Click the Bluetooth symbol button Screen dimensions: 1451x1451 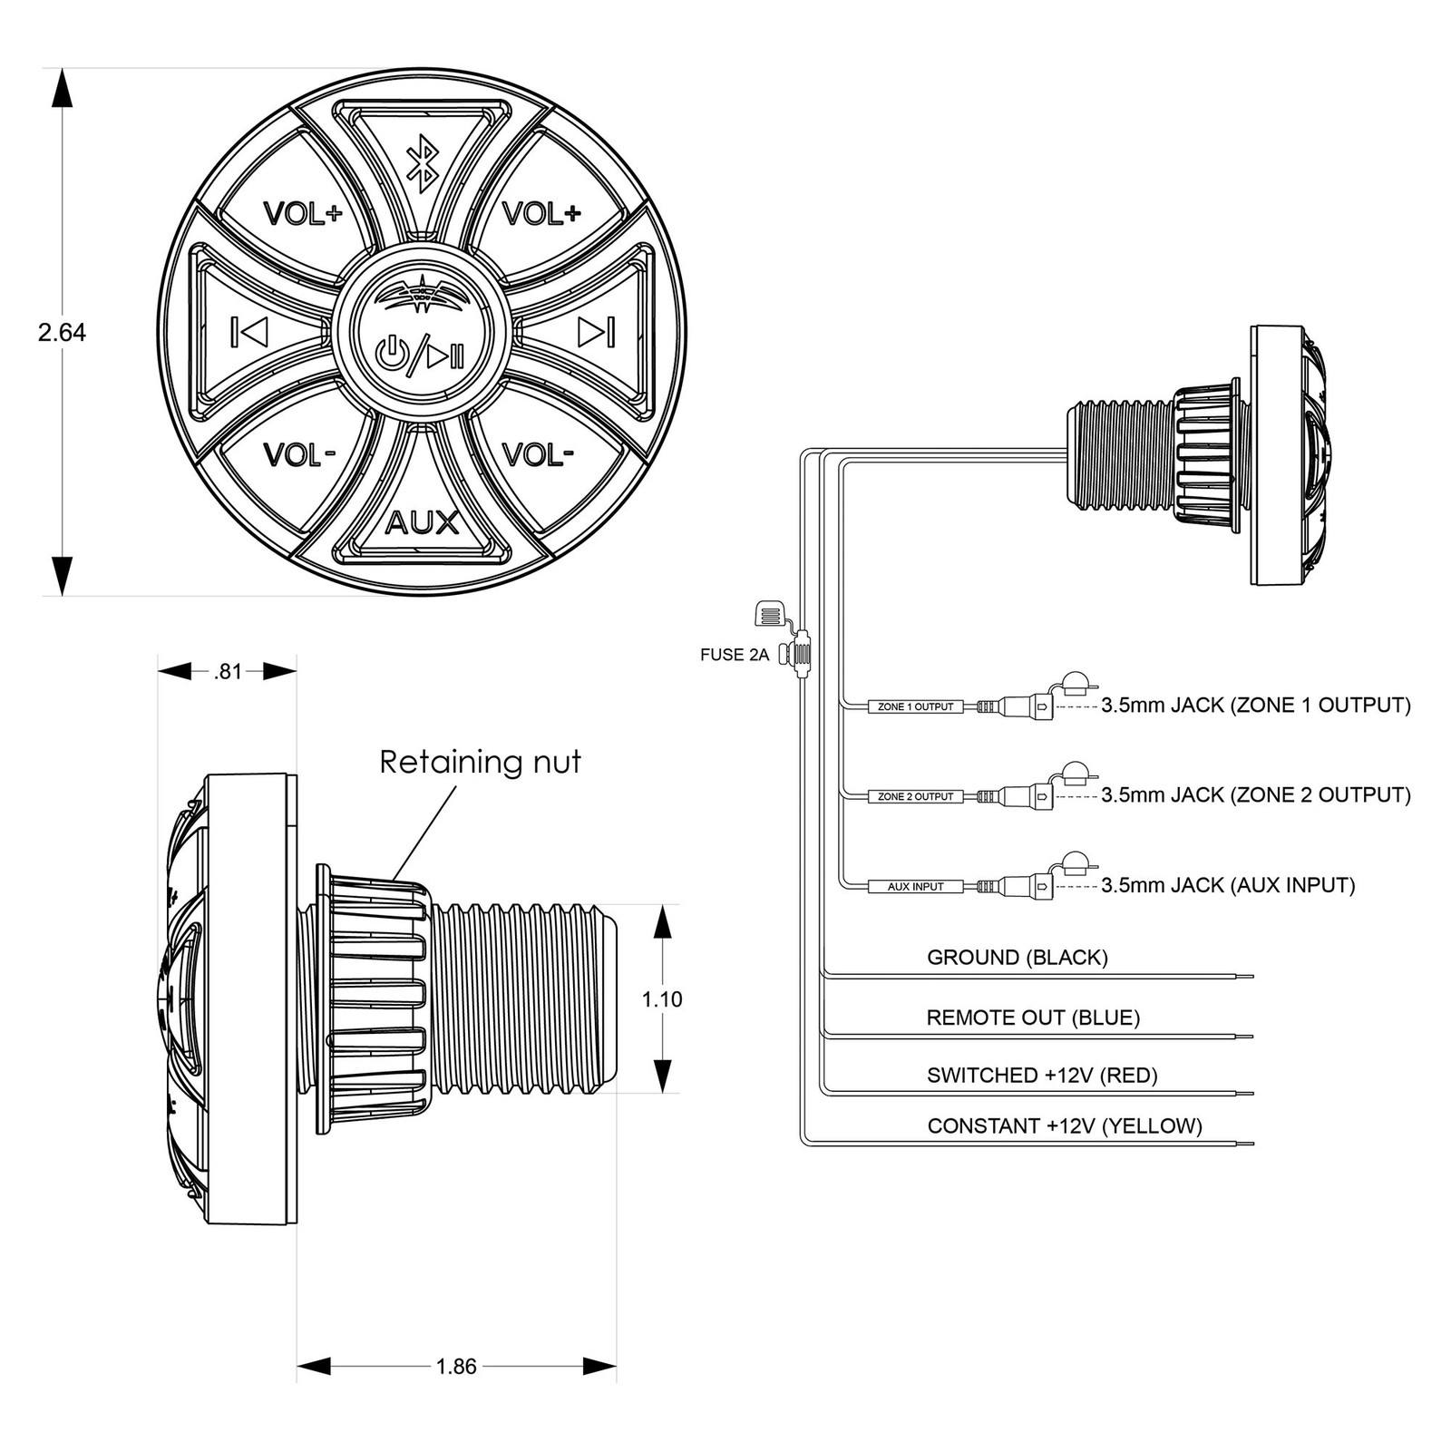[x=421, y=164]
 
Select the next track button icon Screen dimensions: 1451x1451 [x=597, y=333]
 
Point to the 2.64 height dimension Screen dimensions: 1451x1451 [x=62, y=333]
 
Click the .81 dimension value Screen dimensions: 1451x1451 [x=228, y=672]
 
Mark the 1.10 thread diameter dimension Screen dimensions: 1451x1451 [x=662, y=999]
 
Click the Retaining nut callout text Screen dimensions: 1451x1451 [x=481, y=762]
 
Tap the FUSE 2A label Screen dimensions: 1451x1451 [x=735, y=655]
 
